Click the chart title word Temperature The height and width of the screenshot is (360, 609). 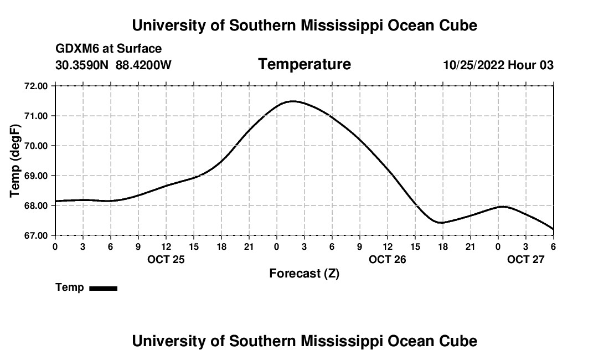304,64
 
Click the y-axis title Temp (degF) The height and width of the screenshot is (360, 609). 16,161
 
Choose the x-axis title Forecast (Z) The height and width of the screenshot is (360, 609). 304,273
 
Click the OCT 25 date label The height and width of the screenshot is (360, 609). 166,259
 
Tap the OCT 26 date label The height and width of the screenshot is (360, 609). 388,259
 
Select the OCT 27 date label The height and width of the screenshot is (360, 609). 526,259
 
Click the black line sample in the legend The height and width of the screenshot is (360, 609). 103,288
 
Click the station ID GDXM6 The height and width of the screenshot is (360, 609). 74,49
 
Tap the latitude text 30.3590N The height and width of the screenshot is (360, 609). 82,65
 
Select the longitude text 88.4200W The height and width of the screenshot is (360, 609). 143,65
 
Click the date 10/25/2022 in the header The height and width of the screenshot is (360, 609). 473,65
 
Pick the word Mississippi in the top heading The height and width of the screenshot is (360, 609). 349,25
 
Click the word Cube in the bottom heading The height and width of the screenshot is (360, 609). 459,341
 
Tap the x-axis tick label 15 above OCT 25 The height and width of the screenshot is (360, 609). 194,246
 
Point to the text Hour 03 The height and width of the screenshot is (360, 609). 531,65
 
